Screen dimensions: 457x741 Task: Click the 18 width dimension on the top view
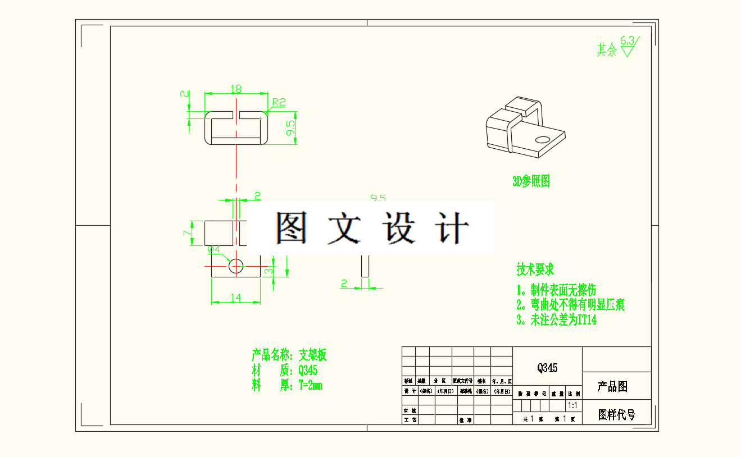(x=236, y=89)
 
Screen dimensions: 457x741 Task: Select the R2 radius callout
(x=279, y=102)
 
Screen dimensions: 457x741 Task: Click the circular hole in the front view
(x=236, y=265)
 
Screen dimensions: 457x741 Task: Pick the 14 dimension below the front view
(x=235, y=298)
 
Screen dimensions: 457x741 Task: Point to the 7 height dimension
(x=187, y=233)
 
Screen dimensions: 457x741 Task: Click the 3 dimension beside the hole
(x=269, y=272)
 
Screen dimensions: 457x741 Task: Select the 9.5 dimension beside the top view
(x=290, y=128)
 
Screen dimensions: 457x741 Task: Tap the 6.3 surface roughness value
(x=628, y=40)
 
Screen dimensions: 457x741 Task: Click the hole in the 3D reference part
(x=542, y=139)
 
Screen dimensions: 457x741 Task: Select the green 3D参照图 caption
(x=530, y=181)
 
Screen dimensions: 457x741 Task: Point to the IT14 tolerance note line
(x=557, y=320)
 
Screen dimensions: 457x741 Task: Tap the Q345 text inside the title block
(x=547, y=368)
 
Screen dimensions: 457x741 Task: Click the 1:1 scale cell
(x=574, y=405)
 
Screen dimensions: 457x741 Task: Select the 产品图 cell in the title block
(x=612, y=386)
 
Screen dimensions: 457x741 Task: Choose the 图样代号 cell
(x=616, y=415)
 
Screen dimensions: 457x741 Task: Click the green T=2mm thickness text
(x=310, y=385)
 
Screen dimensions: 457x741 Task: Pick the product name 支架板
(x=312, y=355)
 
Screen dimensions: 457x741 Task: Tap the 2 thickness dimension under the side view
(x=344, y=284)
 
